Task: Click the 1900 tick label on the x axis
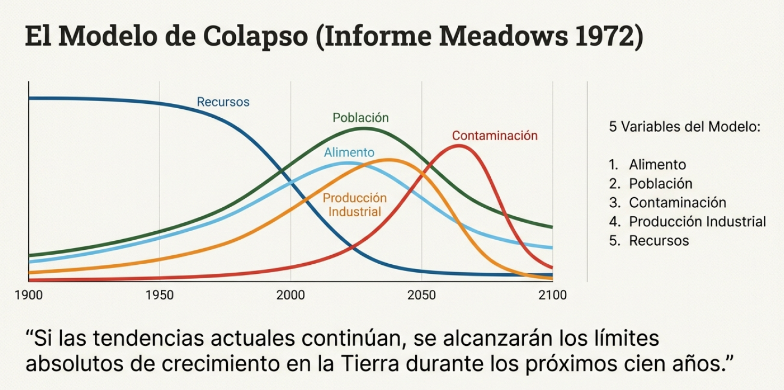[29, 295]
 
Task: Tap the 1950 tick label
[160, 295]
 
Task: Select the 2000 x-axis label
[291, 295]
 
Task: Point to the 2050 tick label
[422, 295]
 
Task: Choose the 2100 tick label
[552, 295]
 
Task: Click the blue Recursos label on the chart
[223, 102]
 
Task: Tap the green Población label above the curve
[361, 117]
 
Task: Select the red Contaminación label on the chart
[495, 136]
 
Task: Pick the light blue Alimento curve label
[349, 152]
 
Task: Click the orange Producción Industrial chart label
[355, 205]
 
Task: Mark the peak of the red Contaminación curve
[458, 145]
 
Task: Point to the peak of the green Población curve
[365, 128]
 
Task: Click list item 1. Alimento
[648, 165]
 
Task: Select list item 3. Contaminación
[667, 202]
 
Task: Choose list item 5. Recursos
[649, 240]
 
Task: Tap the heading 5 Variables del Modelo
[684, 127]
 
